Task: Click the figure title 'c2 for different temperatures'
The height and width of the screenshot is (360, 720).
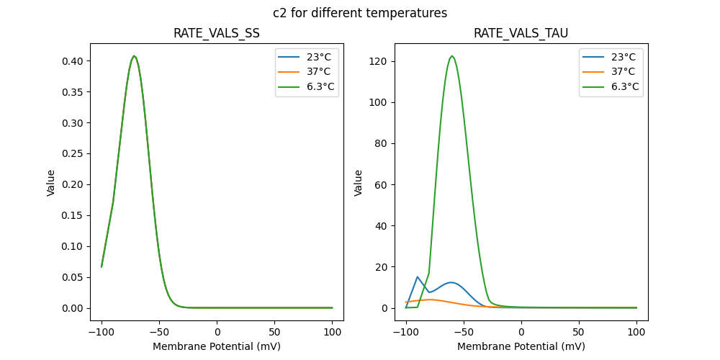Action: [360, 13]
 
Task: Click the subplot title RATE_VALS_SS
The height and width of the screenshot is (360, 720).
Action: [217, 34]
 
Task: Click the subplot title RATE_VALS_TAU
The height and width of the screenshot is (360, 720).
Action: [521, 34]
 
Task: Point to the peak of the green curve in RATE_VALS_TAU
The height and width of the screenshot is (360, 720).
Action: [452, 56]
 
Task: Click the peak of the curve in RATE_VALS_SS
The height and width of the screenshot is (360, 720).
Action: [134, 56]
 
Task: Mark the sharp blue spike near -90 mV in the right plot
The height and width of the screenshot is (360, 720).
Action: [418, 276]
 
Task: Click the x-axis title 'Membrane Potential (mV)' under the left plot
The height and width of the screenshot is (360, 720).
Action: [217, 346]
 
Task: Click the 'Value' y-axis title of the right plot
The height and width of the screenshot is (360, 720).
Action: [359, 183]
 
